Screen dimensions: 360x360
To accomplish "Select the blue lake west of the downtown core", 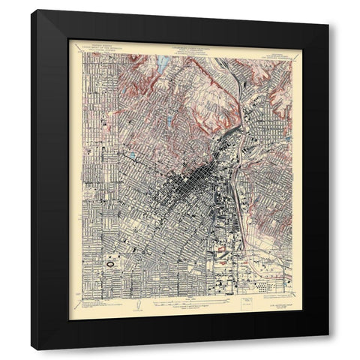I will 132,157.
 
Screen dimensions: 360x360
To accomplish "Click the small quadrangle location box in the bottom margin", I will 244,304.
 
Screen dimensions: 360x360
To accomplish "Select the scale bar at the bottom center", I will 180,304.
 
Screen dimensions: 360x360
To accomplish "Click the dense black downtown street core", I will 191,180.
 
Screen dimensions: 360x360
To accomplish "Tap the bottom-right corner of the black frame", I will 328,349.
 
